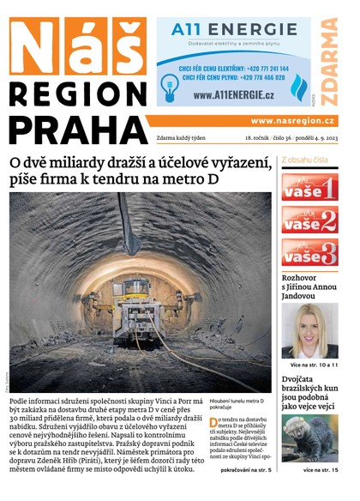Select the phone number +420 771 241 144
tap(258, 66)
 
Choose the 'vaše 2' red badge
tap(309, 220)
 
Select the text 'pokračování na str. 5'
tap(246, 470)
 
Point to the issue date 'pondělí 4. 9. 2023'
tap(308, 137)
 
